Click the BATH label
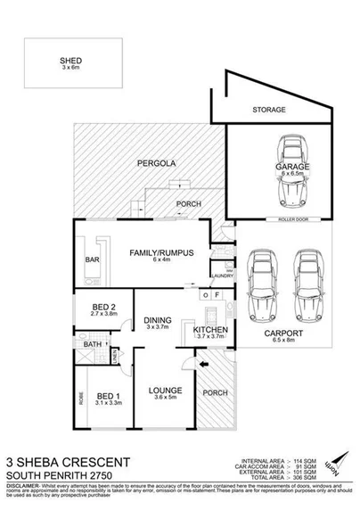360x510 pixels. point(93,343)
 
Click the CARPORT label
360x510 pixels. point(281,332)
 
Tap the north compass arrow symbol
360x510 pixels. point(334,463)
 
